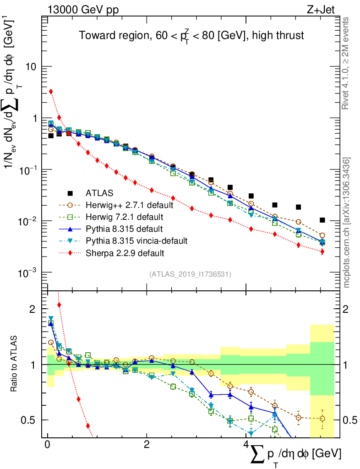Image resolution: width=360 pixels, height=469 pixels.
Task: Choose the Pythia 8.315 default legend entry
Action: coord(124,229)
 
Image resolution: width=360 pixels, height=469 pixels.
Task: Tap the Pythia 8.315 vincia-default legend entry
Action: coord(136,240)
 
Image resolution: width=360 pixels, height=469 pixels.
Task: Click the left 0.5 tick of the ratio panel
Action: coord(29,420)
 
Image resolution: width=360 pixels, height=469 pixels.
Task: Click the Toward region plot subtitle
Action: coord(191,36)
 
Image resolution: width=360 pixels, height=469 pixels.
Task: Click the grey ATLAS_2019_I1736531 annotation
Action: coord(190,274)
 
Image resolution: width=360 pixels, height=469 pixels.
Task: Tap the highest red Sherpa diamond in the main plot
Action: coord(51,92)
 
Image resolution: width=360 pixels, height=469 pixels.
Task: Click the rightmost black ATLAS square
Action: coord(322,220)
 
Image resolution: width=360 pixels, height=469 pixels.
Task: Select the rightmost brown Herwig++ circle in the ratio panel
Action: coord(322,419)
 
